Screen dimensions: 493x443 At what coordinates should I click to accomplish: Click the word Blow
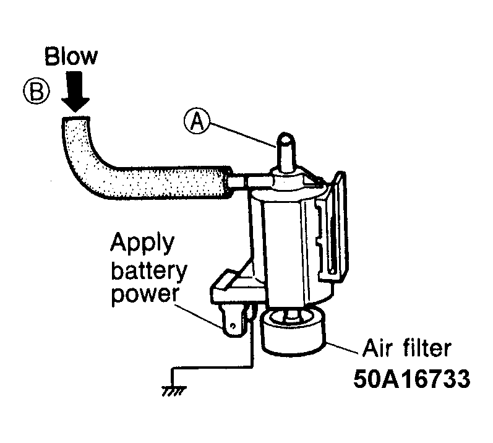(71, 56)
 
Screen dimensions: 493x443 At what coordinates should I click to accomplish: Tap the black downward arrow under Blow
(75, 92)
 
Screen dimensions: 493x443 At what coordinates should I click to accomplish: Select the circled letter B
(36, 91)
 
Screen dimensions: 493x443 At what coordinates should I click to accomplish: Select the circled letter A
(197, 121)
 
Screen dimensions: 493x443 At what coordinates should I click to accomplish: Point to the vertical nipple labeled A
(286, 152)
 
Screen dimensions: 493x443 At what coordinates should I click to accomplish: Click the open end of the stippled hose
(75, 119)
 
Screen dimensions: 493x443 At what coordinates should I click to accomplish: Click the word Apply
(142, 244)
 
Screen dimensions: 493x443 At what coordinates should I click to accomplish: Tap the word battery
(149, 272)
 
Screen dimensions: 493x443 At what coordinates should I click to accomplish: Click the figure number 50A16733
(412, 379)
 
